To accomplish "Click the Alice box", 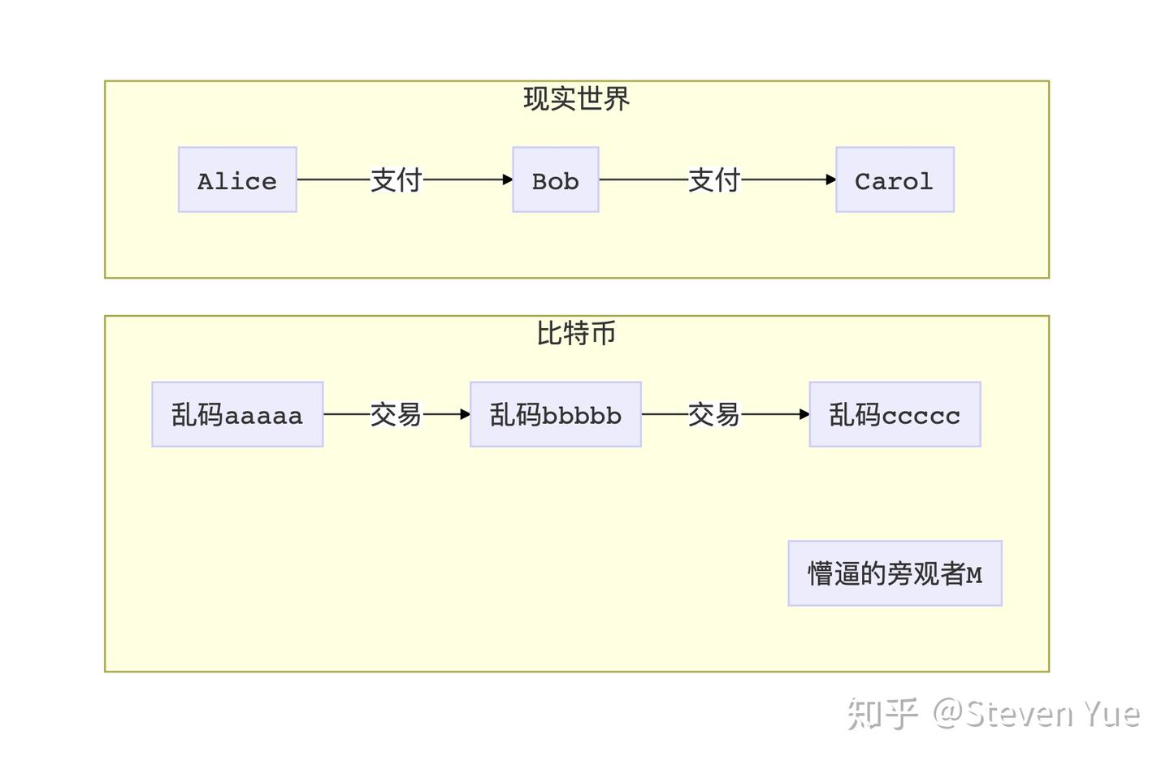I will pyautogui.click(x=237, y=179).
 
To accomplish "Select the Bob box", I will pyautogui.click(x=556, y=179).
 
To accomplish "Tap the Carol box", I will pyautogui.click(x=895, y=179).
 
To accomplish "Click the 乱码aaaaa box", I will pyautogui.click(x=237, y=414).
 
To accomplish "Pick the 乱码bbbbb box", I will pyautogui.click(x=556, y=414).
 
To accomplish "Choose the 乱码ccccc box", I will pyautogui.click(x=895, y=414).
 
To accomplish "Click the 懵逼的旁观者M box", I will pyautogui.click(x=895, y=573).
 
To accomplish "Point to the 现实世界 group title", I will pyautogui.click(x=576, y=99).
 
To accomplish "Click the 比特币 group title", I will pyautogui.click(x=576, y=333).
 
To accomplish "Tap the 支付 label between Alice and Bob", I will pyautogui.click(x=396, y=179).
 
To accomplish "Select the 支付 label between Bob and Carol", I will pyautogui.click(x=714, y=179).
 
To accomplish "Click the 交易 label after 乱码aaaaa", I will pyautogui.click(x=396, y=414).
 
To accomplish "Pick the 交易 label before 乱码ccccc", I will pyautogui.click(x=714, y=414).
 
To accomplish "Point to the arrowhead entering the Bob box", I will pyautogui.click(x=507, y=179).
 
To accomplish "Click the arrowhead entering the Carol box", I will pyautogui.click(x=830, y=179).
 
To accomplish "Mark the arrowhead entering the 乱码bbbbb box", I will pyautogui.click(x=465, y=414).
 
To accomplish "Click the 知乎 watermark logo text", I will pyautogui.click(x=882, y=714).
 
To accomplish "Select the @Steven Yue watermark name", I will pyautogui.click(x=1036, y=714).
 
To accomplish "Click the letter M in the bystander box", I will pyautogui.click(x=974, y=575).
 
